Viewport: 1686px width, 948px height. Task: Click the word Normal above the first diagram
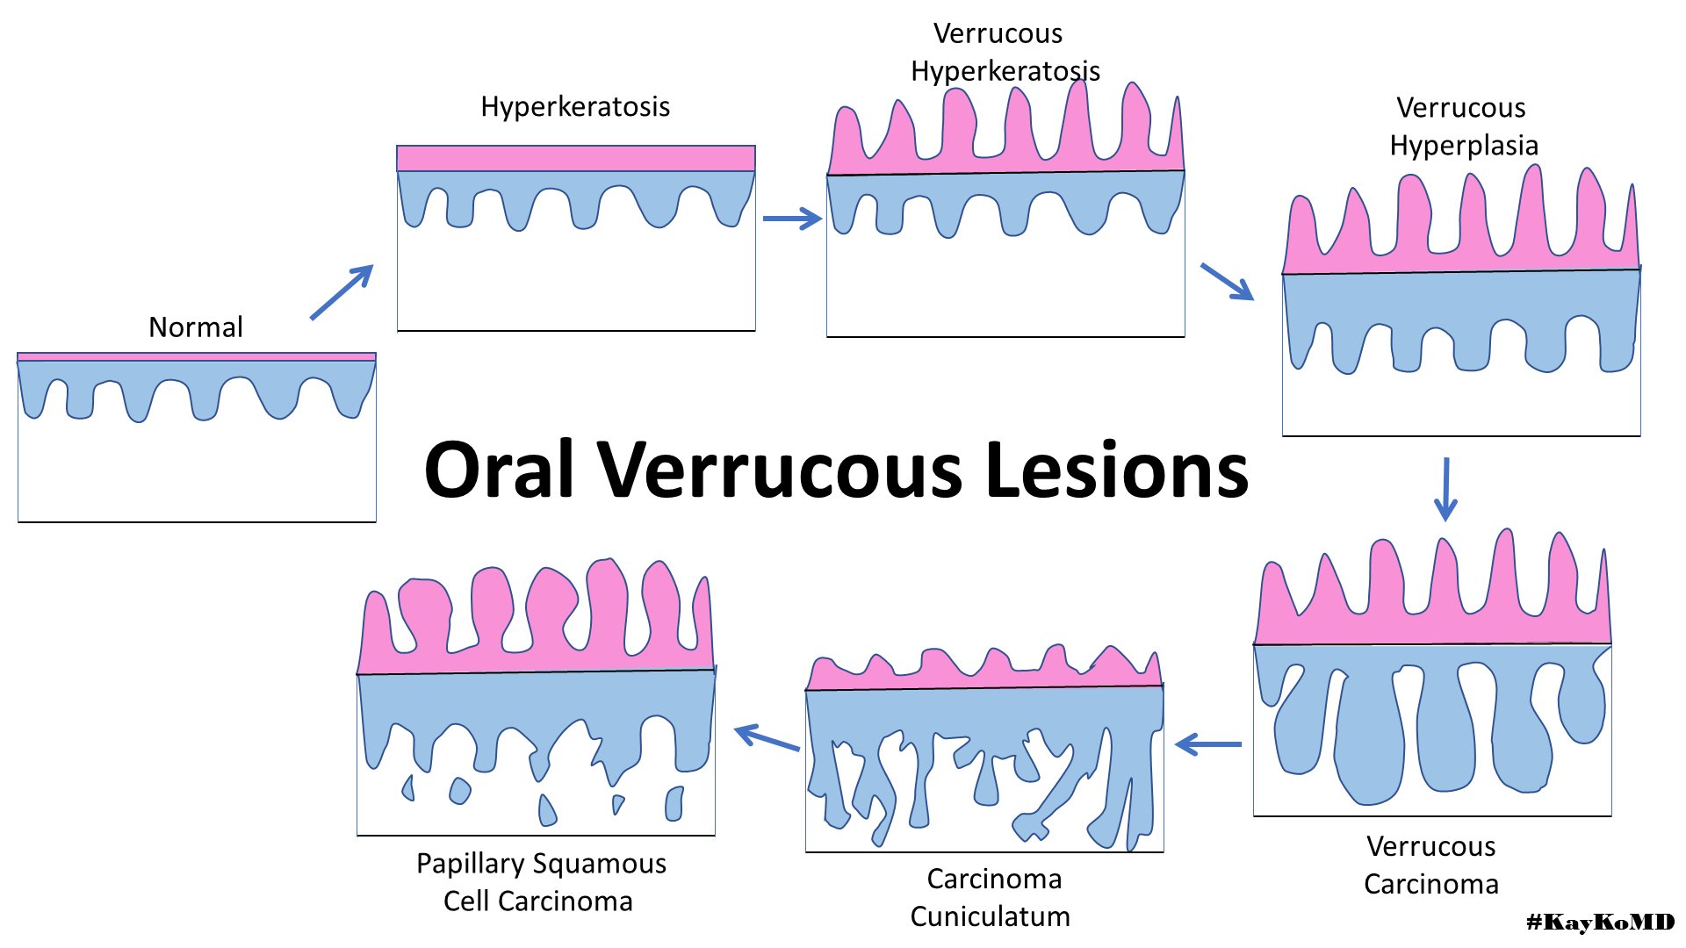coord(195,327)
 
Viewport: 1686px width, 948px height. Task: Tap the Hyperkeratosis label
coord(575,107)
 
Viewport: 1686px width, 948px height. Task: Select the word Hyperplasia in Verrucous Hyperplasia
coord(1464,146)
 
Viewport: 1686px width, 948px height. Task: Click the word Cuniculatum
coord(990,916)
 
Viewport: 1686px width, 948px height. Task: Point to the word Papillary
coord(470,864)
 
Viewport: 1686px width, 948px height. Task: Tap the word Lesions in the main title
coord(1117,470)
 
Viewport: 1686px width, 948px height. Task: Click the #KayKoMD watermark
coord(1600,922)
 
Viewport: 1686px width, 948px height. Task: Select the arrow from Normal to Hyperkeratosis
coord(342,292)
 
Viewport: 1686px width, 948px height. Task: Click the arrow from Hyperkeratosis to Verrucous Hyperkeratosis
coord(792,219)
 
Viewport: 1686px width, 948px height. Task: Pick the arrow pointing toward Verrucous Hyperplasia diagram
coord(1227,282)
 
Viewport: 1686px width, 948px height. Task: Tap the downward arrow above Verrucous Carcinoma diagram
coord(1445,489)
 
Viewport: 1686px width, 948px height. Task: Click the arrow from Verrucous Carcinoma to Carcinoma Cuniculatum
coord(1208,745)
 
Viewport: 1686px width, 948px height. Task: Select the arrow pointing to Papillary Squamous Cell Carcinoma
coord(767,737)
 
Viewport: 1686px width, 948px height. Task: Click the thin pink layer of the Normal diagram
coord(197,357)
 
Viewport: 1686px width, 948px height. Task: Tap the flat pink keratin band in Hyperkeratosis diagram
coord(575,159)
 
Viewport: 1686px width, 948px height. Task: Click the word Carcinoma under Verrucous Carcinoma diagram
coord(1430,884)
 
